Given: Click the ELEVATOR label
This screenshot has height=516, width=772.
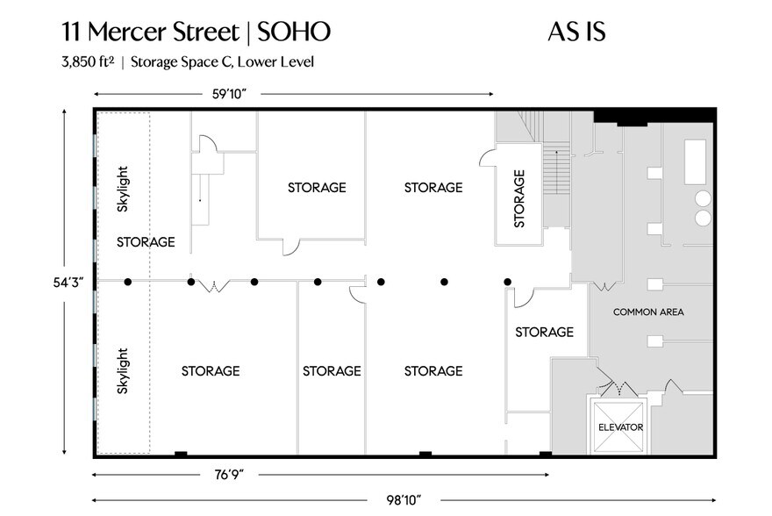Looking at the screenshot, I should pyautogui.click(x=621, y=427).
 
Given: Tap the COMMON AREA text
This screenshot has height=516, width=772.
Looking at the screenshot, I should pyautogui.click(x=648, y=312).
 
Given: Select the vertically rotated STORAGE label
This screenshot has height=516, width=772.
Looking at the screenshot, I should pyautogui.click(x=519, y=198).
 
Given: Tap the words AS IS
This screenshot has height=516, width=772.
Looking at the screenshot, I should pyautogui.click(x=577, y=32).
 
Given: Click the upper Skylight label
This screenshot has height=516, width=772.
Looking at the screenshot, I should pyautogui.click(x=124, y=189).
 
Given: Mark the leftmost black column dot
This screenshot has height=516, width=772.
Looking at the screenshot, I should pyautogui.click(x=128, y=282).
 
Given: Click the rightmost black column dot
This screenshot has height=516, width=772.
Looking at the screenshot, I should pyautogui.click(x=508, y=282).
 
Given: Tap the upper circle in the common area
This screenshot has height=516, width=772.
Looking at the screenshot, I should pyautogui.click(x=704, y=197).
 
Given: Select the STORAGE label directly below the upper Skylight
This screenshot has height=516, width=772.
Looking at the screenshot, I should pyautogui.click(x=146, y=242).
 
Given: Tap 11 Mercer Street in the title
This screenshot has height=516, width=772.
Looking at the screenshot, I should pyautogui.click(x=149, y=32).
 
